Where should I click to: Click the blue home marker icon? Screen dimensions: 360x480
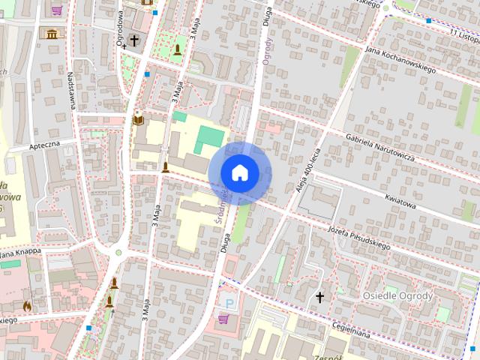239,172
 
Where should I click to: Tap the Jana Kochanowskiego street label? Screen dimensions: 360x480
400,58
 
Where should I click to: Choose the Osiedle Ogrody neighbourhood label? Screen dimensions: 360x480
397,295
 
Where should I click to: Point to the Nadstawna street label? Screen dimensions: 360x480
70,91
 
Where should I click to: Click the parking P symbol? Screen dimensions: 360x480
229,302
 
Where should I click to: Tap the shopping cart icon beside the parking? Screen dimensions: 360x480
223,319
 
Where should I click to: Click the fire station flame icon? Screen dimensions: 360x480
28,306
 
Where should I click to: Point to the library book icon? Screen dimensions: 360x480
138,119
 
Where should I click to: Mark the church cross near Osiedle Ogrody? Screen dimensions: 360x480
319,298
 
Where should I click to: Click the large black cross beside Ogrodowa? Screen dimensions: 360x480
134,40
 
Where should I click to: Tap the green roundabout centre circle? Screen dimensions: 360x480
118,253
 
